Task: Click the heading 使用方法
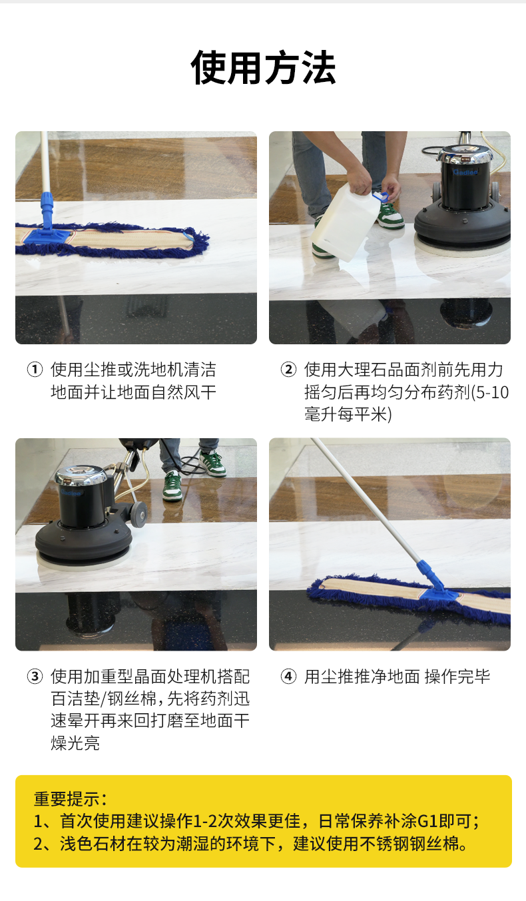[x=263, y=67]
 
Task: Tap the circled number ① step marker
[x=35, y=369]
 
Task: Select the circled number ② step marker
[x=288, y=369]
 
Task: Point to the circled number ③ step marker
[x=35, y=676]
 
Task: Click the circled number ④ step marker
[x=288, y=676]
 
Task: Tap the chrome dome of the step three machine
[x=81, y=476]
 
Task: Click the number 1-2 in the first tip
[x=205, y=821]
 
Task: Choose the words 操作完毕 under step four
[x=457, y=677]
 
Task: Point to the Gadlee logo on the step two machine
[x=465, y=172]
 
